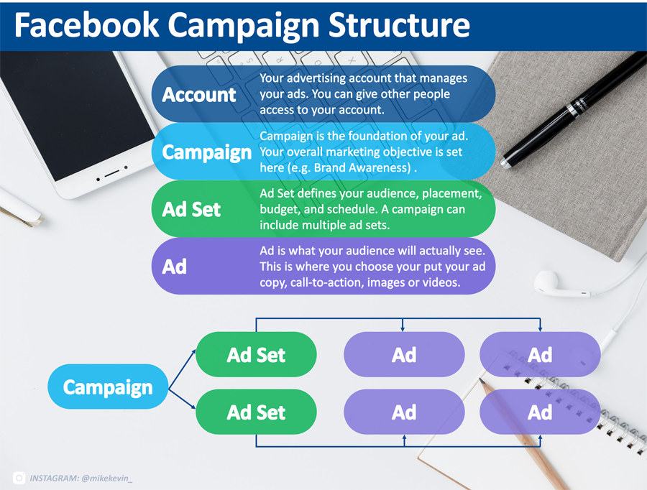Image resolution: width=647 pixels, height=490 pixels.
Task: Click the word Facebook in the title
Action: coord(87,25)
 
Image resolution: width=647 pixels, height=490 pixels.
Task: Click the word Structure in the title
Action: coord(399,25)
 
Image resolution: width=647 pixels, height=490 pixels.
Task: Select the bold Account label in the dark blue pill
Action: coord(199,95)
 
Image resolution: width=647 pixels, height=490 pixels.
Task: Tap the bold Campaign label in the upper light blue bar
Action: coord(207,152)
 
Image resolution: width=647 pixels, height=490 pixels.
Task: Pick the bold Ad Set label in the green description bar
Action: coord(191,210)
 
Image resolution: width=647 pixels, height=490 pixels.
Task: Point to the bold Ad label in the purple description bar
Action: coord(175,267)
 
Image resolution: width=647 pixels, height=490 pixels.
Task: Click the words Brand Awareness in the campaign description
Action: coord(362,167)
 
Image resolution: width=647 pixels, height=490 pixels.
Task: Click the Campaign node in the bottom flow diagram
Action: coord(108,387)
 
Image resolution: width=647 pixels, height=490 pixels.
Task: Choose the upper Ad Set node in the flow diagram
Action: coord(256,354)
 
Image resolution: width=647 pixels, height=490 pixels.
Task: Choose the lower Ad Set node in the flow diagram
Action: coord(256,412)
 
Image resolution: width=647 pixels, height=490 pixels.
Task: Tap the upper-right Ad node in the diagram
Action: coord(540,354)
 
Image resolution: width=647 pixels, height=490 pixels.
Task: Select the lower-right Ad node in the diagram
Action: coord(540,412)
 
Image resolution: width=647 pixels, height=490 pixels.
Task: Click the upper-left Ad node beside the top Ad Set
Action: coord(404,354)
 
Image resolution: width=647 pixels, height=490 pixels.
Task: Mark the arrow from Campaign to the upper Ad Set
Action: coord(182,369)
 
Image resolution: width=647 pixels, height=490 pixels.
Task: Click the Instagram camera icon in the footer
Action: coord(19,478)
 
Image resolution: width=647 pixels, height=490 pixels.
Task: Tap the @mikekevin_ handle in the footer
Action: coord(107,479)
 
